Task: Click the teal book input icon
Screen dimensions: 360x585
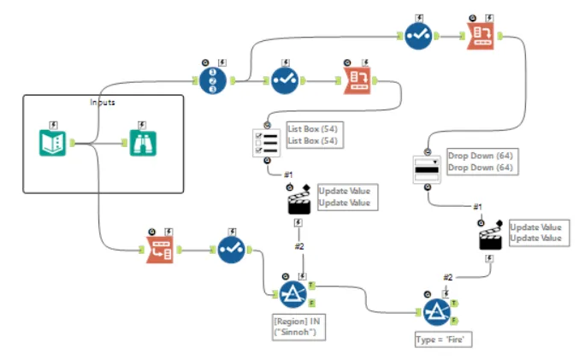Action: [x=53, y=142]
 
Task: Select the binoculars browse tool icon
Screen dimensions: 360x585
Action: [x=137, y=142]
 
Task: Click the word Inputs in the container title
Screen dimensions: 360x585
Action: [x=103, y=103]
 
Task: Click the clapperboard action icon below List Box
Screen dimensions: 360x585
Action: [x=297, y=203]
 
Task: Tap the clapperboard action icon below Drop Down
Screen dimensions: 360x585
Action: [x=489, y=237]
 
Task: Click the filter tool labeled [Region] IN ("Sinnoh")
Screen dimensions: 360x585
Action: [x=290, y=296]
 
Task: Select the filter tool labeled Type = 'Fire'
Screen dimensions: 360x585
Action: [x=435, y=310]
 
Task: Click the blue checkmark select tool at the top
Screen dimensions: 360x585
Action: [x=417, y=36]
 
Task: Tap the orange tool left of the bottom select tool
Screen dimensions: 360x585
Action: [x=160, y=249]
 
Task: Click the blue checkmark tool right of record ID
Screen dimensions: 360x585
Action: [x=284, y=81]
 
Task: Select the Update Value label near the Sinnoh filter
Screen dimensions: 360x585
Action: [x=344, y=197]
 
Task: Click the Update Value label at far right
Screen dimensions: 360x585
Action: [x=535, y=233]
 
